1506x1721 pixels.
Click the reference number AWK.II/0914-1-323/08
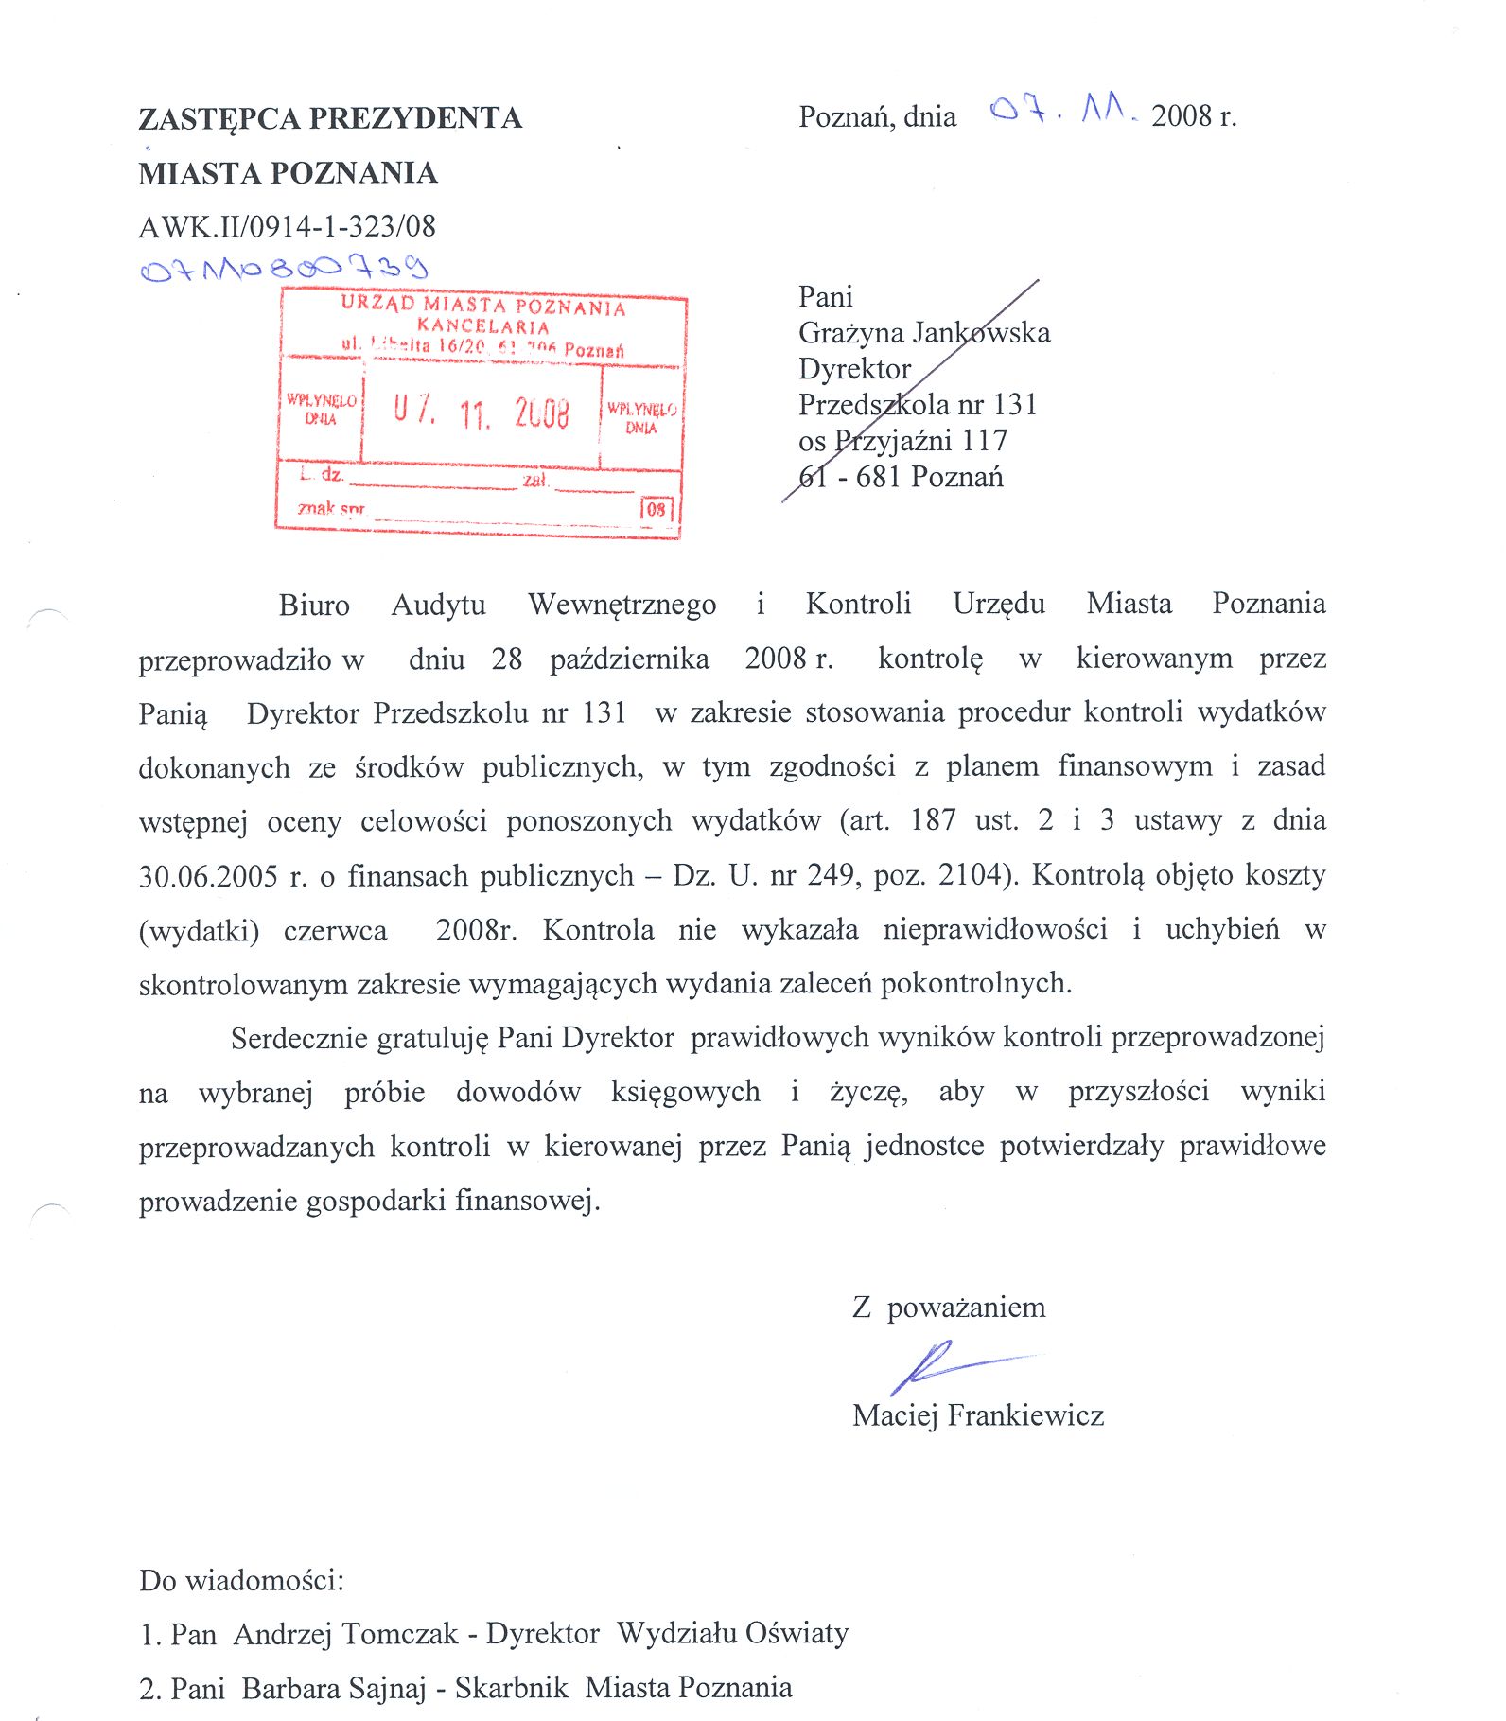click(287, 226)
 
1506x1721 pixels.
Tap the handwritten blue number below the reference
click(284, 269)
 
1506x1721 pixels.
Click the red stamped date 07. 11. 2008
click(482, 413)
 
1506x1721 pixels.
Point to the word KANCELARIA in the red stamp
click(483, 326)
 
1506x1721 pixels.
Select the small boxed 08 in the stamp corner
click(657, 509)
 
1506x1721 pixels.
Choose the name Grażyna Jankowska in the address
click(923, 333)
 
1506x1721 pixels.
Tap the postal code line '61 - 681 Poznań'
click(900, 477)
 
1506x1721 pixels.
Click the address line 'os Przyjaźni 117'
click(902, 441)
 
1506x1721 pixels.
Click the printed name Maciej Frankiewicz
click(977, 1415)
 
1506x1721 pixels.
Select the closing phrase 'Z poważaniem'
click(948, 1308)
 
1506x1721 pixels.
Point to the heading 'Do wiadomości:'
click(241, 1580)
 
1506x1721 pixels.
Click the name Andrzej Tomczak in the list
click(345, 1634)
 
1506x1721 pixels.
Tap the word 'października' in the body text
click(629, 659)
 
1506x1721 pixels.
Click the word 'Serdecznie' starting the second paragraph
click(299, 1039)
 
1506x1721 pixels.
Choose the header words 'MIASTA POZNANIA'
click(288, 173)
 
